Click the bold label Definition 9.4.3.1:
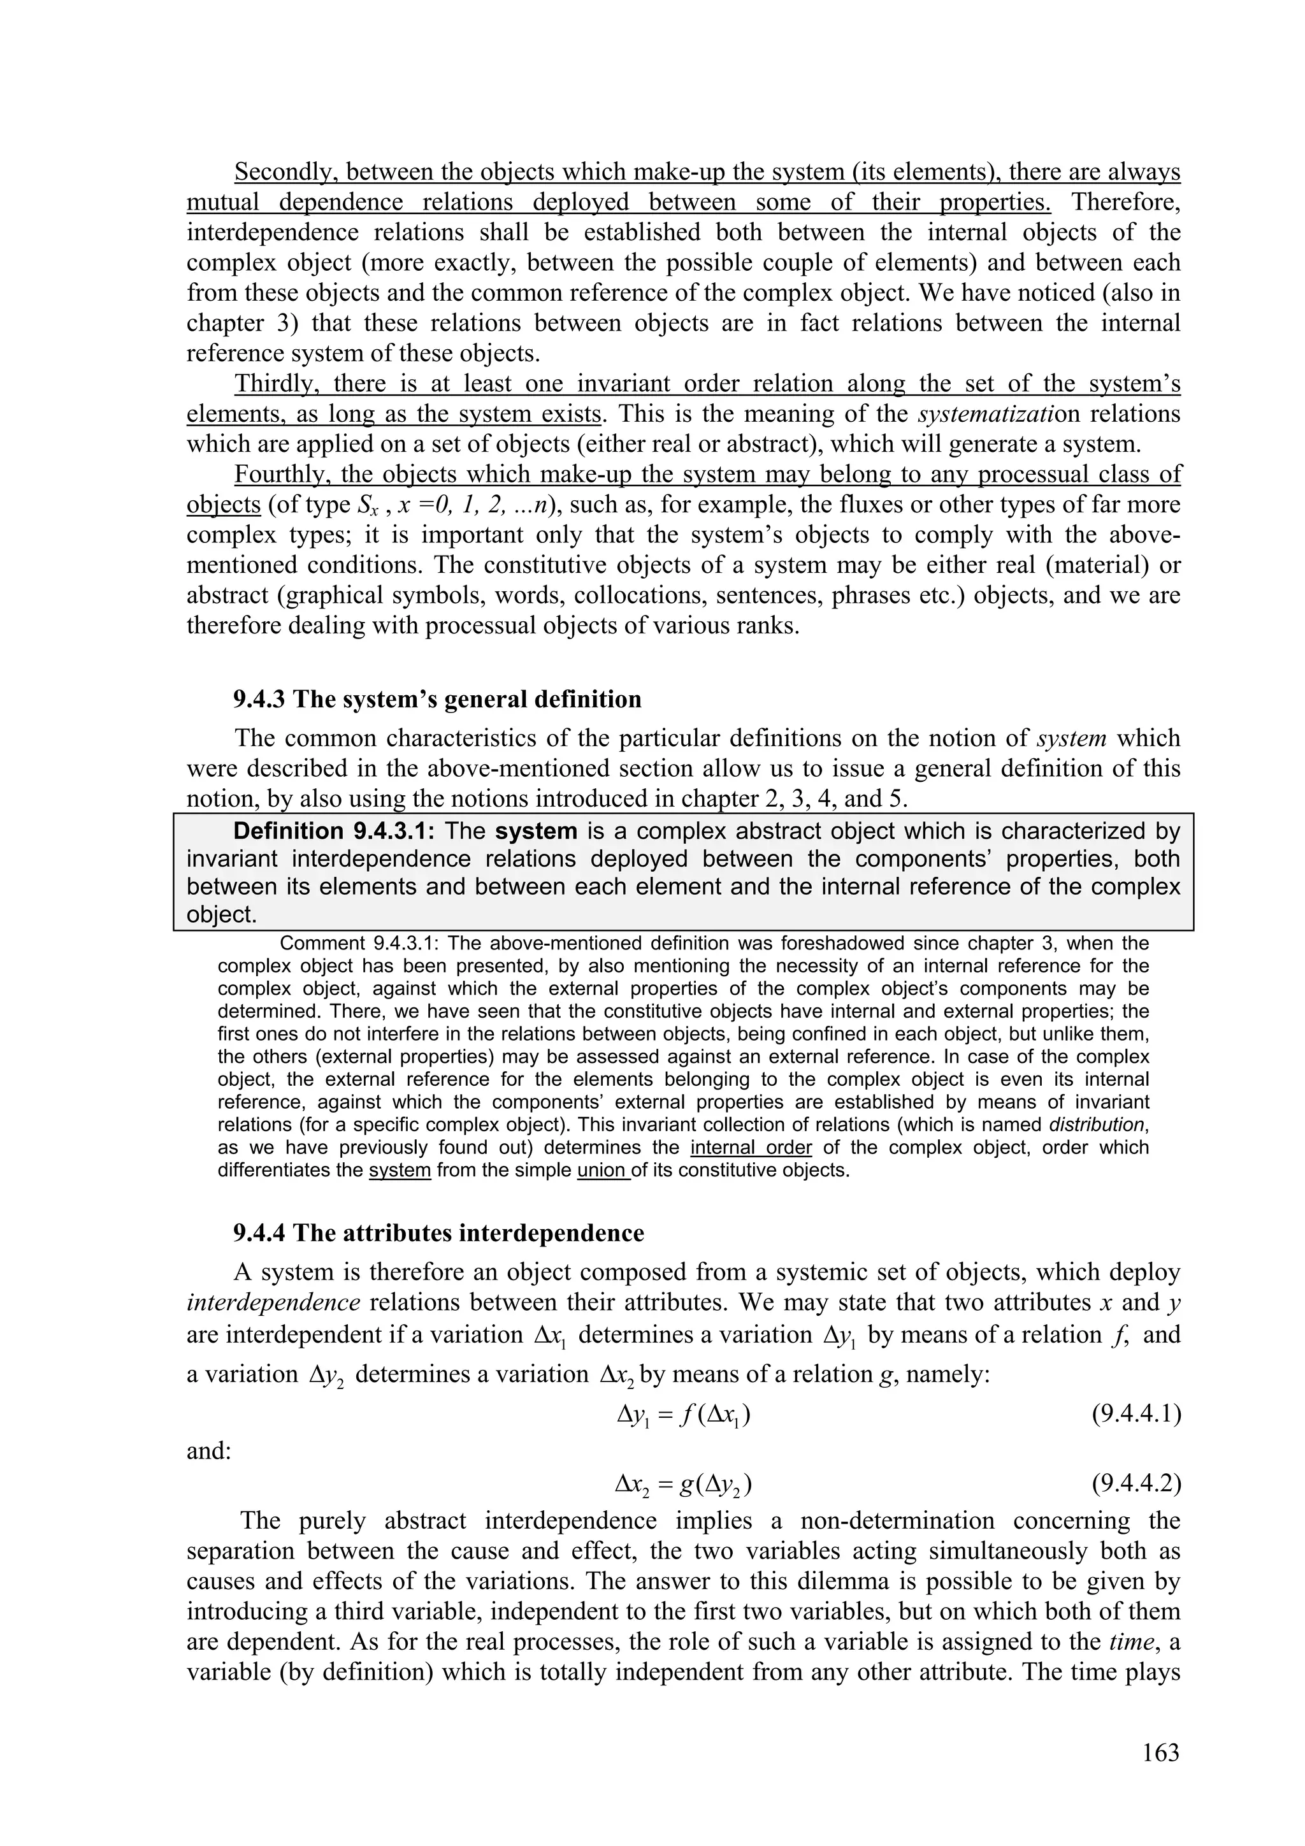[335, 830]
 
